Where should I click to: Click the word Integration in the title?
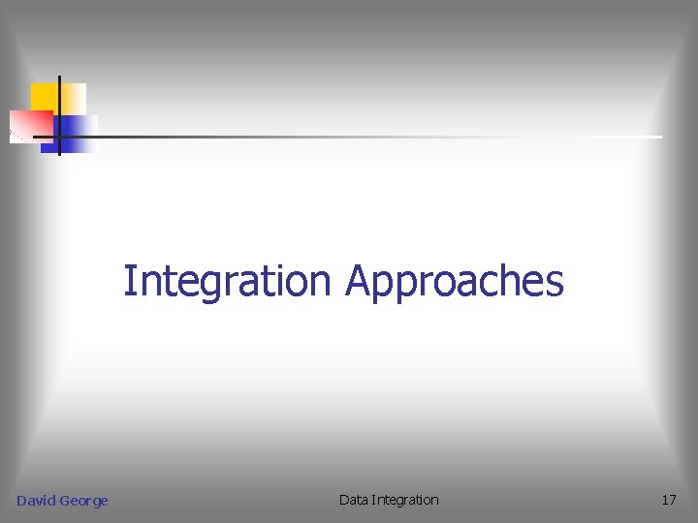(x=228, y=282)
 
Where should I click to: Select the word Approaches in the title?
(x=454, y=282)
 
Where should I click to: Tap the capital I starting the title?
(x=128, y=281)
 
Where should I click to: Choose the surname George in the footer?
(x=83, y=501)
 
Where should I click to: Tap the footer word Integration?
(x=405, y=500)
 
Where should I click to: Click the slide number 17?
(x=668, y=500)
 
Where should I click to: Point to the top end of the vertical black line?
(x=59, y=77)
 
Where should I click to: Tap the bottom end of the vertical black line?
(x=59, y=154)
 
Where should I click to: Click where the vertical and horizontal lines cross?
(x=59, y=137)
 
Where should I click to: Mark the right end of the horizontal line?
(x=661, y=137)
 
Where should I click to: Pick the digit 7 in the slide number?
(x=672, y=500)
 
